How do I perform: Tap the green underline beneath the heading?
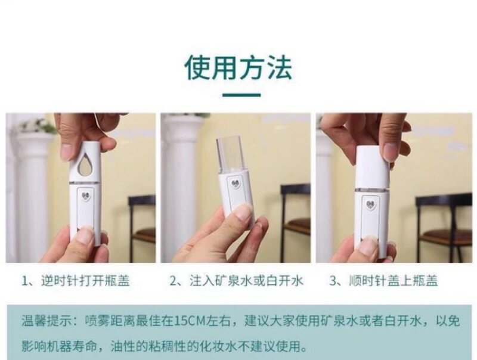(x=241, y=95)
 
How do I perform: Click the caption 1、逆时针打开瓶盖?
(x=76, y=280)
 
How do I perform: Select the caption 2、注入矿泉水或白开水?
(x=236, y=280)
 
